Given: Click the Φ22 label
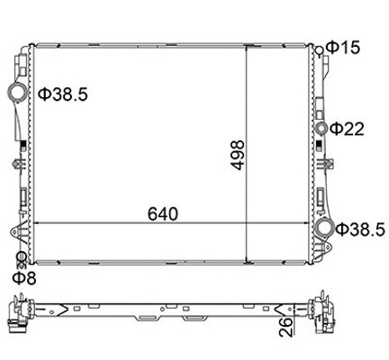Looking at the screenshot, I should [x=347, y=128].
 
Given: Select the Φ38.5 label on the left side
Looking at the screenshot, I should [x=62, y=93].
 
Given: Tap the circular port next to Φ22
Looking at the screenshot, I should [x=321, y=128].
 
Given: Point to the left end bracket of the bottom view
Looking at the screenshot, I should [x=19, y=314].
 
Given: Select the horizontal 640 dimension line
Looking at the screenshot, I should [x=108, y=223].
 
